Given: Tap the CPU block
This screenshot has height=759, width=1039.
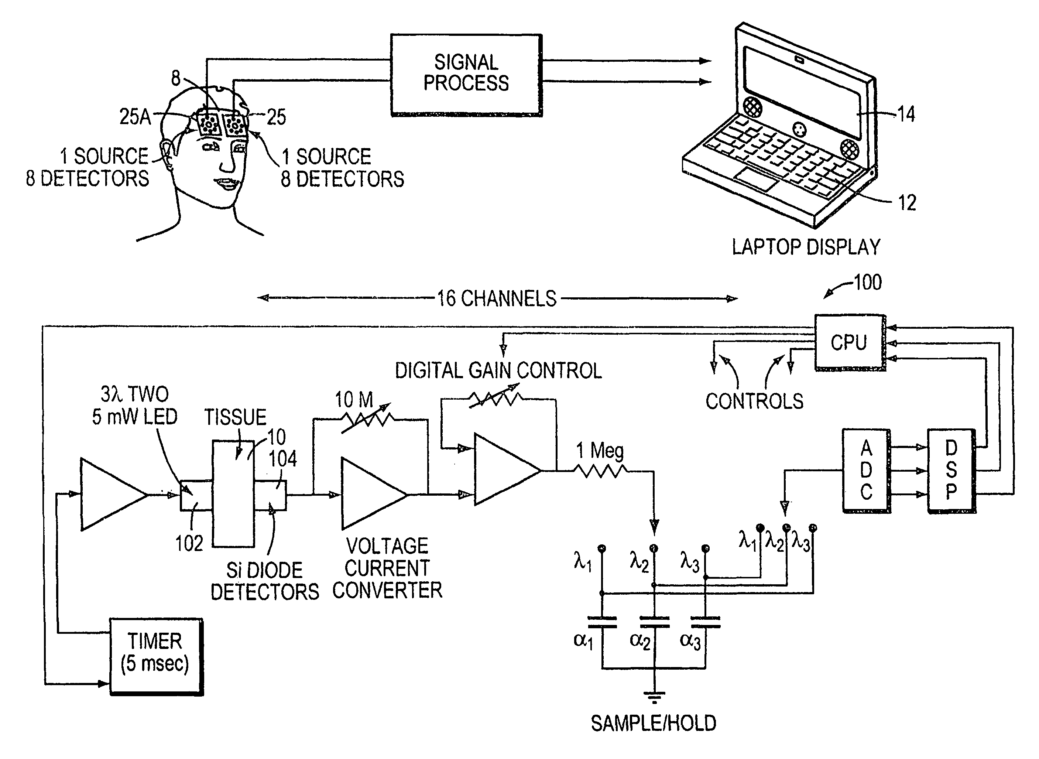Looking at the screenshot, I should [849, 342].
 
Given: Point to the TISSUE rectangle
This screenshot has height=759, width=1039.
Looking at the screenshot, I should [233, 494].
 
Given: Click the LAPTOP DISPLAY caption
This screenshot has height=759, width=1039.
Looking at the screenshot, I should [806, 247].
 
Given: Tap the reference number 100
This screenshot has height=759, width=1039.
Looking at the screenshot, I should [867, 282].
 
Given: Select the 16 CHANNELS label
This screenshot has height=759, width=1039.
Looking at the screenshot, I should [497, 299].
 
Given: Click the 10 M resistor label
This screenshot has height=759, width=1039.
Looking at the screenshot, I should [354, 400].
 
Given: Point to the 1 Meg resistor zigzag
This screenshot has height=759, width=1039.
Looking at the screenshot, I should [600, 471].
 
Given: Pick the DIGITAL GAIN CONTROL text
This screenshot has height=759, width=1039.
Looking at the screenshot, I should [498, 371].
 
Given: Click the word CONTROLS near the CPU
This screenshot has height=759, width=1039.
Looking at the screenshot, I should [754, 401].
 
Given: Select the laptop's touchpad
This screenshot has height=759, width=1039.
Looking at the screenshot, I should [757, 180].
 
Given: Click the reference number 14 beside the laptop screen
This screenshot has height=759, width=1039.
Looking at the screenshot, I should [906, 114].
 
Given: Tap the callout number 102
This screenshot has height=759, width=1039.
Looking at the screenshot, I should [189, 544].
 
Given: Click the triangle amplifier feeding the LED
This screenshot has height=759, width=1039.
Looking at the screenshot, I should [110, 494].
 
